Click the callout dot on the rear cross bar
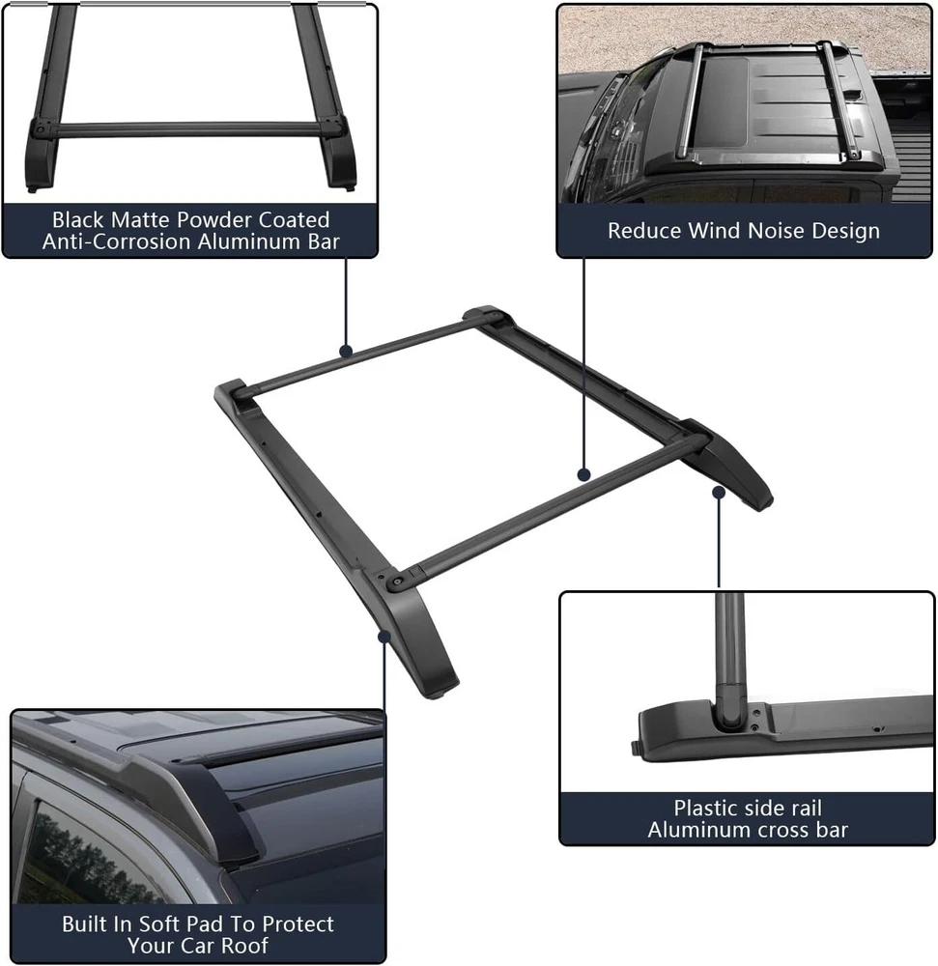(x=346, y=352)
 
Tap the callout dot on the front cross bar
(x=583, y=474)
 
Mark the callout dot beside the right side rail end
(x=719, y=493)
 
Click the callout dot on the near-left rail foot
(x=384, y=636)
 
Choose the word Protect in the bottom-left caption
(x=298, y=923)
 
